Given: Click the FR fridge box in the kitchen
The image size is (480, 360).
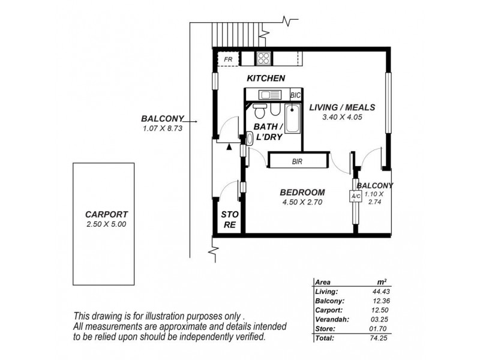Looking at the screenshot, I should tap(228, 59).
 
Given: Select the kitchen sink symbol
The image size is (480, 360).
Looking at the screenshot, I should tap(268, 95).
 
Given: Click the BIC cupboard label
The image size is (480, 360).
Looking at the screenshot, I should tap(295, 95).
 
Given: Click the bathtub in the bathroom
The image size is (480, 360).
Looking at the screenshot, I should tap(293, 119).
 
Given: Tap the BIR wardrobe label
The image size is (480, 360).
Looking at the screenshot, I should tap(297, 161).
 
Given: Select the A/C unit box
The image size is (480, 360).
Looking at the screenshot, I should tap(354, 197).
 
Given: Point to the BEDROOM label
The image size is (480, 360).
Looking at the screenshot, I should tap(302, 193).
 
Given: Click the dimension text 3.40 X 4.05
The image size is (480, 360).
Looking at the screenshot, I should tap(342, 118).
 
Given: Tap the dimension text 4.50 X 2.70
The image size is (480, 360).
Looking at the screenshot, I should tap(302, 202).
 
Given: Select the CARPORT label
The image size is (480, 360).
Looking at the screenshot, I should tap(106, 214).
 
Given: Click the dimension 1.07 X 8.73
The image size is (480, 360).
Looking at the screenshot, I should tap(161, 128).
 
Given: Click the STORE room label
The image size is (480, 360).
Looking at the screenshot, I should tap(229, 220).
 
